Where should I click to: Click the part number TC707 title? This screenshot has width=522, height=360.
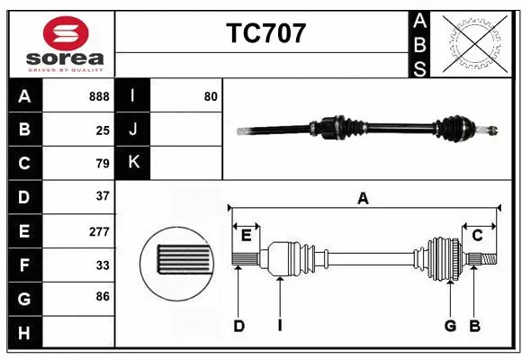[x=265, y=33]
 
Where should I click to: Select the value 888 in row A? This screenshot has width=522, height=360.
[x=99, y=96]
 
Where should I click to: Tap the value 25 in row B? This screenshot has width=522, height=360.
[x=103, y=130]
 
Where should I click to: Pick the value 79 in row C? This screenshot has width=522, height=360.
[x=103, y=163]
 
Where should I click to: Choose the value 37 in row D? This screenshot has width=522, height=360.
[x=103, y=196]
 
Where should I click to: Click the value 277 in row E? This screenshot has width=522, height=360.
[x=99, y=231]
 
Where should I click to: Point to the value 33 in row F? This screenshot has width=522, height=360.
[x=103, y=265]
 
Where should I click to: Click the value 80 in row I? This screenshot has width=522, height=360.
[x=211, y=95]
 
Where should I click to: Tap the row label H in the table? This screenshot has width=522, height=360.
[x=24, y=333]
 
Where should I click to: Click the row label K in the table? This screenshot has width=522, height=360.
[x=134, y=162]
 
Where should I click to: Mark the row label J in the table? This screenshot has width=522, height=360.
[x=134, y=130]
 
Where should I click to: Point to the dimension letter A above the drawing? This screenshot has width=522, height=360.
[x=363, y=199]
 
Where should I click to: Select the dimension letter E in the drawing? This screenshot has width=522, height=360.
[x=246, y=236]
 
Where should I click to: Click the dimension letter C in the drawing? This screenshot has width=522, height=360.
[x=478, y=236]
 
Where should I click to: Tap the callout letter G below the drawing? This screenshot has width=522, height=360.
[x=450, y=326]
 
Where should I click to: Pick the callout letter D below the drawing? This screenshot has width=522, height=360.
[x=239, y=326]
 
